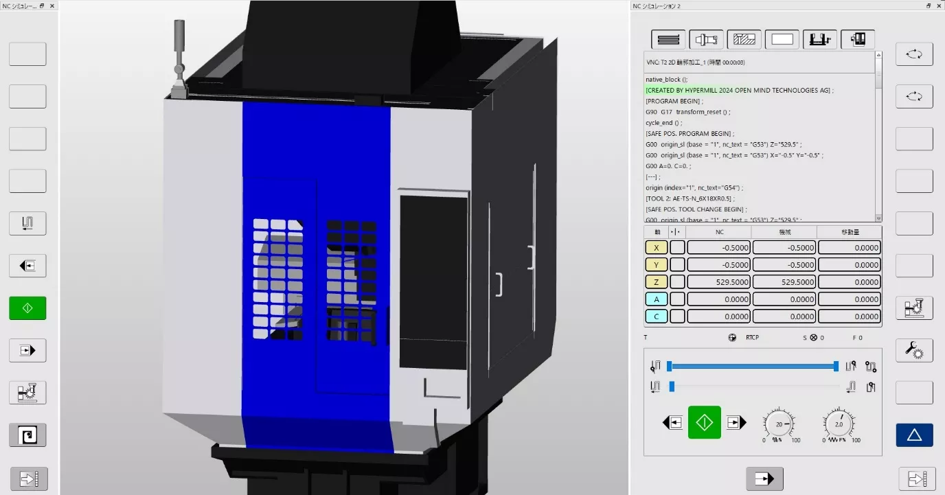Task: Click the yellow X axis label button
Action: pyautogui.click(x=656, y=248)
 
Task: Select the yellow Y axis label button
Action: pyautogui.click(x=656, y=265)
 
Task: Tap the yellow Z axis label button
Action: pyautogui.click(x=656, y=282)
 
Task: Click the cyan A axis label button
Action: pyautogui.click(x=656, y=299)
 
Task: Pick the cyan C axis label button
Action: pyautogui.click(x=656, y=316)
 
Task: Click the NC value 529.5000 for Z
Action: pyautogui.click(x=718, y=282)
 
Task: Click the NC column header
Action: pyautogui.click(x=719, y=232)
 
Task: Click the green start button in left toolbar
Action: pyautogui.click(x=27, y=308)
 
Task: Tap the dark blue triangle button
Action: pyautogui.click(x=914, y=435)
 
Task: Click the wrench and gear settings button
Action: pyautogui.click(x=914, y=350)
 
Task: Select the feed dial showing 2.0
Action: pyautogui.click(x=839, y=425)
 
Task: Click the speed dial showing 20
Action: pyautogui.click(x=779, y=425)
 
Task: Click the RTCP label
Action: pyautogui.click(x=752, y=338)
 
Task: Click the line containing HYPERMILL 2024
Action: pyautogui.click(x=739, y=90)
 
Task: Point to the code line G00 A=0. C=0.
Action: pyautogui.click(x=668, y=166)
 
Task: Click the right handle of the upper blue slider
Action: pyautogui.click(x=836, y=367)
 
